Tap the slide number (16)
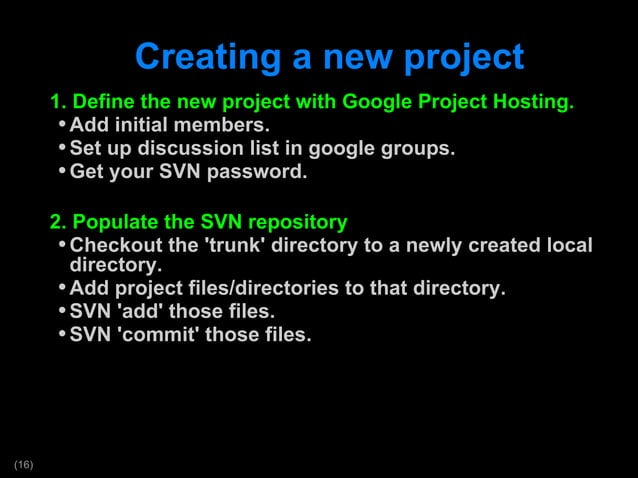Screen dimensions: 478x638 23,464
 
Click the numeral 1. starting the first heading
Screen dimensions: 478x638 59,103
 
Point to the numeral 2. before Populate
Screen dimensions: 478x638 59,222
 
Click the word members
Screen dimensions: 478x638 232,126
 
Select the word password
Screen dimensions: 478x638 260,172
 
